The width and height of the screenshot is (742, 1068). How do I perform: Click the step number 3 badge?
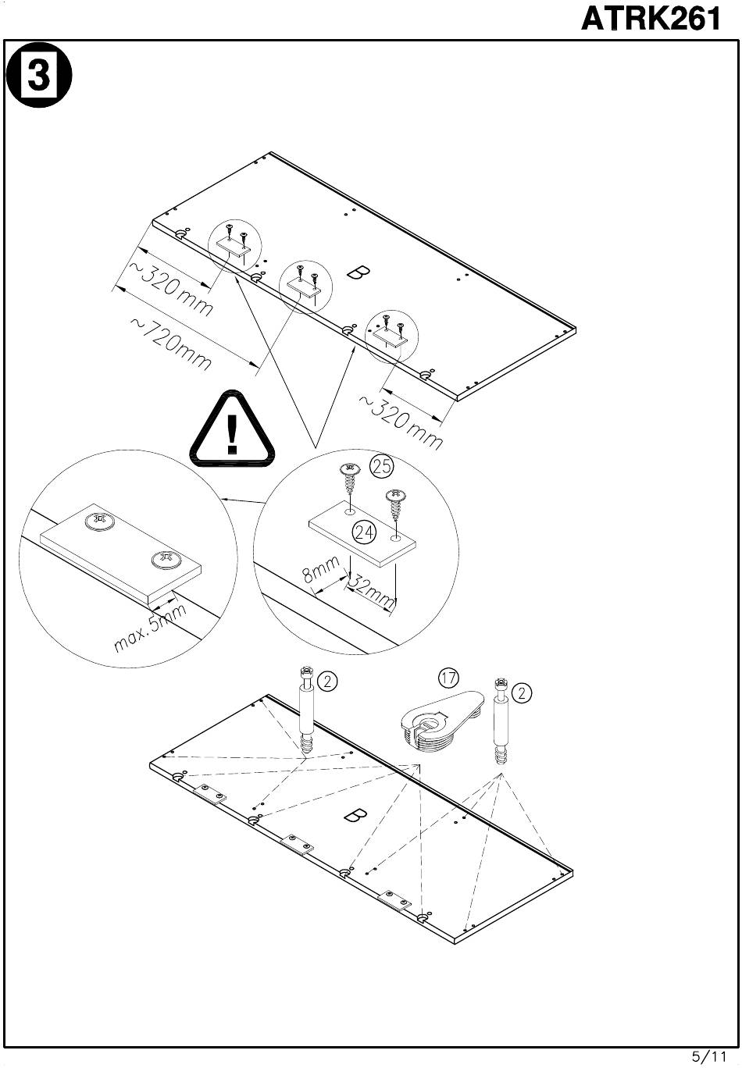(x=38, y=77)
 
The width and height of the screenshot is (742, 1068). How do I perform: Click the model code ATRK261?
(x=650, y=19)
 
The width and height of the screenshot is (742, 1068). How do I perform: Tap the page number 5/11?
(x=708, y=1056)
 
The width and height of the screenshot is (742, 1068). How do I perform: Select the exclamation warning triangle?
(x=232, y=432)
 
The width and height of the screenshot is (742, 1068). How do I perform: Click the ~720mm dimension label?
(x=170, y=344)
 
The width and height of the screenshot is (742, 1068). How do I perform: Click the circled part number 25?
(x=381, y=466)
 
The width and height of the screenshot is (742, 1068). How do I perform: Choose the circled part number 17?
(x=448, y=678)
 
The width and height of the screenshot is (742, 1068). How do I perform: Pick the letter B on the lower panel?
(x=355, y=816)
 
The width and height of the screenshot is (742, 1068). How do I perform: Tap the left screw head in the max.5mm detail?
(x=97, y=520)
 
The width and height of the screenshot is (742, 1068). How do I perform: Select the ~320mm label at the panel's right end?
(x=401, y=422)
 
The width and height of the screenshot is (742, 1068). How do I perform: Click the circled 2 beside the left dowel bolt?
(x=328, y=682)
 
